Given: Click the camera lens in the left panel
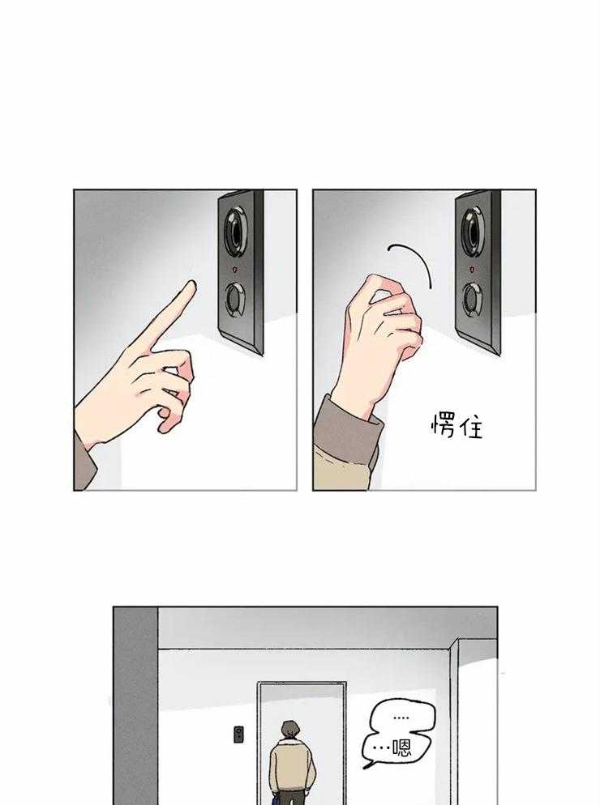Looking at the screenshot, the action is pyautogui.click(x=236, y=231).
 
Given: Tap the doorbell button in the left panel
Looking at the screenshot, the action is pyautogui.click(x=236, y=300).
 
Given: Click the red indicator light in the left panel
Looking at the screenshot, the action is pyautogui.click(x=235, y=269).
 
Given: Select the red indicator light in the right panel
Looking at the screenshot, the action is pyautogui.click(x=473, y=269).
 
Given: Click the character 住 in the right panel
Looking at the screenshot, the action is pyautogui.click(x=471, y=427).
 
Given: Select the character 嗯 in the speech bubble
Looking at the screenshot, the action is pyautogui.click(x=401, y=747).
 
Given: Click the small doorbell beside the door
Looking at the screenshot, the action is pyautogui.click(x=238, y=734).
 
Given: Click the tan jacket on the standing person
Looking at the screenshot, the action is pyautogui.click(x=292, y=765).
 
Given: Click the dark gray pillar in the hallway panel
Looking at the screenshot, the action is pyautogui.click(x=136, y=706).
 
